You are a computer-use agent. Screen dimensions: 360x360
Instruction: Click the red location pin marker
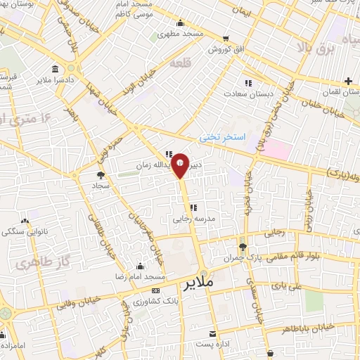point(181,165)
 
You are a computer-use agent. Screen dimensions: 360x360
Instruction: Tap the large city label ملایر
point(199,285)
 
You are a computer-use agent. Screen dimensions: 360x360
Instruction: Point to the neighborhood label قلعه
point(179,63)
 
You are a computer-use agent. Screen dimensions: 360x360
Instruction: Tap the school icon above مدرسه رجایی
point(193,207)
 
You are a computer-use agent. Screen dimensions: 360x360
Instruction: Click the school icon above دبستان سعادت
point(247,81)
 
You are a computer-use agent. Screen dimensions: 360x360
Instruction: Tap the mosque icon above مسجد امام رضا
point(141,266)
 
